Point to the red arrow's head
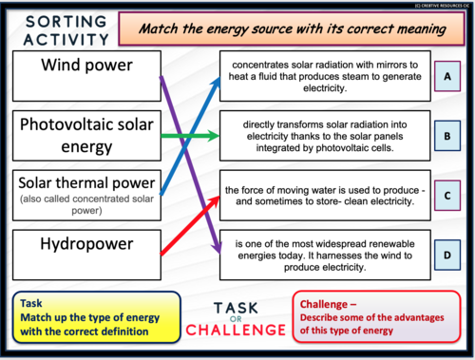pos(216,194)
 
